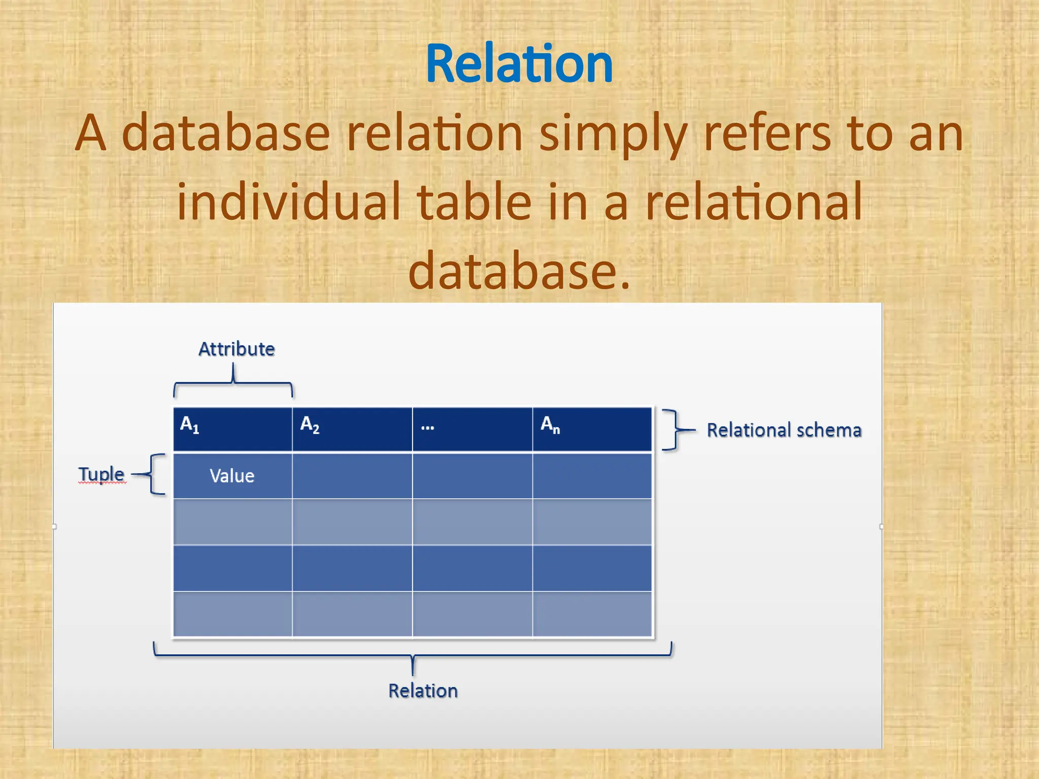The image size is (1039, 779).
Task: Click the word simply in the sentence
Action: pos(613,134)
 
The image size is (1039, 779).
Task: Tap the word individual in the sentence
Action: pos(288,202)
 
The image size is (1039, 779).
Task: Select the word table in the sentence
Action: pos(474,202)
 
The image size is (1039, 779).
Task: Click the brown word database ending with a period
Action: pos(518,271)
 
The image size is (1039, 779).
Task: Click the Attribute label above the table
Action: pos(236,349)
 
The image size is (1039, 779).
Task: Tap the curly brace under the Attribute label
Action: pos(233,383)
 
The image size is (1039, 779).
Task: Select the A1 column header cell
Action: pos(232,429)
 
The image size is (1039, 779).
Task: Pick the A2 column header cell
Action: pos(352,429)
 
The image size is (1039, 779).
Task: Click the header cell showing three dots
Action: pos(472,429)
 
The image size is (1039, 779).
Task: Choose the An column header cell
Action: pos(592,429)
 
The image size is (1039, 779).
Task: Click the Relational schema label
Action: pos(784,430)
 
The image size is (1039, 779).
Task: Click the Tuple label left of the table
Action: pos(101,474)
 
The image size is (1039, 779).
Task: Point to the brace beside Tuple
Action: pos(154,474)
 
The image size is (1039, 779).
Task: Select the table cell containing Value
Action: pos(232,476)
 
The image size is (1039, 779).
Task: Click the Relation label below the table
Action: pos(423,691)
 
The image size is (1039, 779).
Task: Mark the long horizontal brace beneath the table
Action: pos(412,656)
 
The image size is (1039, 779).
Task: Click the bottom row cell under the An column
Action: pos(592,614)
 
